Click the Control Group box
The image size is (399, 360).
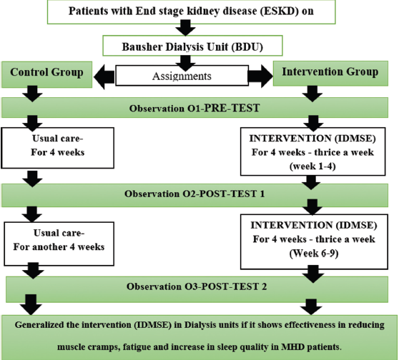click(x=46, y=74)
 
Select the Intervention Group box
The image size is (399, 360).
click(x=330, y=74)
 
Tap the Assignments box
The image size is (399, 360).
click(x=182, y=76)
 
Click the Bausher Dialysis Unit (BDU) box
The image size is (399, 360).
click(x=192, y=46)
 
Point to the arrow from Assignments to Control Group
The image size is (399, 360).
click(x=104, y=76)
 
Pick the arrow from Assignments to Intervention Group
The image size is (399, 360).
click(x=260, y=76)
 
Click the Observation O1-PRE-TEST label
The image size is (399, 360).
click(x=194, y=109)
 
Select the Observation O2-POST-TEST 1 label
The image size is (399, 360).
click(x=194, y=194)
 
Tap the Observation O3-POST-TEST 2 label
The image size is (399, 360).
click(x=197, y=286)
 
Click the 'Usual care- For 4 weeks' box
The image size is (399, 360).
click(x=57, y=148)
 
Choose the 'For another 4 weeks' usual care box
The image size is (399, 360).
click(x=59, y=244)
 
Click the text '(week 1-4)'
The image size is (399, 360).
click(x=312, y=166)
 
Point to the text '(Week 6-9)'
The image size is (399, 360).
click(x=314, y=254)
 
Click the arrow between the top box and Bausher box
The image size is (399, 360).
click(x=185, y=29)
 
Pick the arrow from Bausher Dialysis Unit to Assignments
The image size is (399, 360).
click(x=185, y=64)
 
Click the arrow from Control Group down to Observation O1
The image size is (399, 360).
click(x=32, y=94)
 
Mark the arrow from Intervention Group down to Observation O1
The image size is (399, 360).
click(x=312, y=94)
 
